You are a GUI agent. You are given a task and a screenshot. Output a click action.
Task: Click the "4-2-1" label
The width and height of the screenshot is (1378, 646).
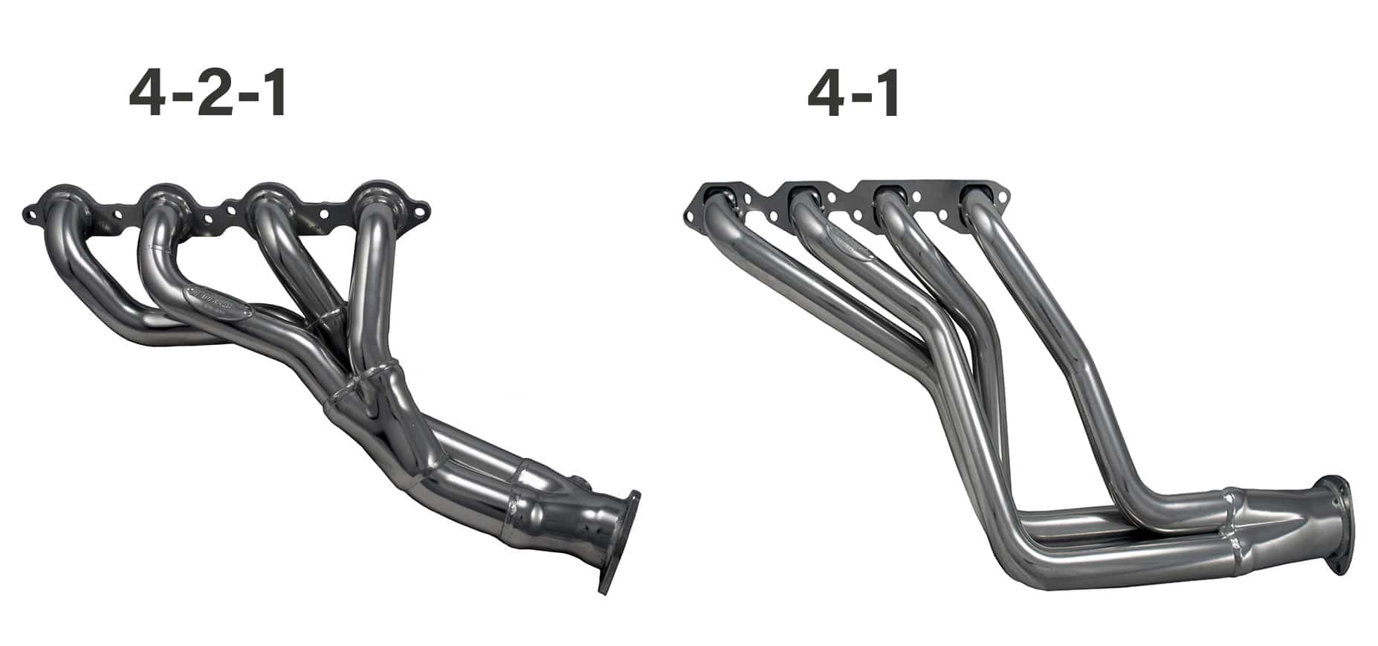(207, 96)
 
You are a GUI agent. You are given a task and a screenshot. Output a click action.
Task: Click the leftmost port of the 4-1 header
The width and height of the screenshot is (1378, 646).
(716, 201)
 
